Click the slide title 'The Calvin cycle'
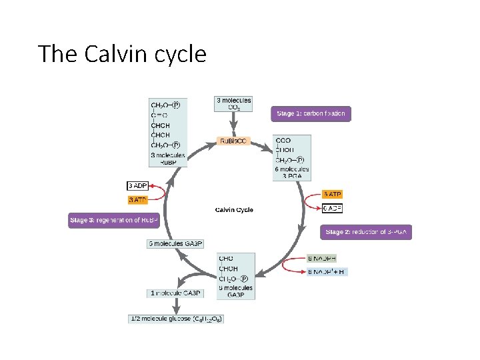click(x=122, y=53)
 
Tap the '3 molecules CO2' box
click(x=233, y=104)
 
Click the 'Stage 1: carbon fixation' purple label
click(x=311, y=113)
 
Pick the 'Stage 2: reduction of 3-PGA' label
click(x=366, y=232)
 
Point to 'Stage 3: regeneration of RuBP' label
click(x=114, y=220)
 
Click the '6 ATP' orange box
click(x=332, y=194)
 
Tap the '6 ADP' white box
click(x=332, y=208)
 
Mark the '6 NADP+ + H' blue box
click(x=327, y=272)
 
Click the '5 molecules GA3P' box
click(x=175, y=243)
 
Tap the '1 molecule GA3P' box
click(x=175, y=293)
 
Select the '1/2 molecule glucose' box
click(x=176, y=319)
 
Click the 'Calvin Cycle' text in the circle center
click(x=234, y=210)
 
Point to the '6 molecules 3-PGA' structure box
click(x=291, y=157)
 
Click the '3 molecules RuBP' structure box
click(x=167, y=132)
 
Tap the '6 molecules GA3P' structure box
click(x=236, y=276)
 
